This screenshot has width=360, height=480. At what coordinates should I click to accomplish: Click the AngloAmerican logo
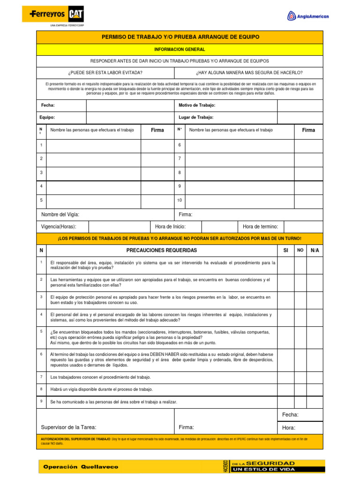click(x=308, y=17)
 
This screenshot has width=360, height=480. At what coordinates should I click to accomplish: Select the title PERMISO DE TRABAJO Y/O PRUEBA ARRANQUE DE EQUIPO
click(x=180, y=37)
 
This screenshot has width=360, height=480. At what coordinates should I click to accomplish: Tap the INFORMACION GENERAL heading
click(x=180, y=49)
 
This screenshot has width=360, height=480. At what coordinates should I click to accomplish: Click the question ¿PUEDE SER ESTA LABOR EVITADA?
click(x=105, y=73)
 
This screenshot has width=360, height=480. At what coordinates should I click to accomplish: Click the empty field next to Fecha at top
click(x=129, y=105)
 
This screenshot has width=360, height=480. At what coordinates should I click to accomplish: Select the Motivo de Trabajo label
click(x=197, y=105)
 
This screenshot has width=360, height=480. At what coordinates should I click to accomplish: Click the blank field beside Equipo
click(x=129, y=117)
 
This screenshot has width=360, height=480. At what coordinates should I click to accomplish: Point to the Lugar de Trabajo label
click(x=196, y=117)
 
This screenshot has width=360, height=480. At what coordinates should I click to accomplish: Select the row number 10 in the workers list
click(x=180, y=200)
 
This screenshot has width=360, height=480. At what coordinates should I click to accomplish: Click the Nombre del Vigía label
click(x=60, y=214)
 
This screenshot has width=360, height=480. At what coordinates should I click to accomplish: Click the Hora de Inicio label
click(x=170, y=227)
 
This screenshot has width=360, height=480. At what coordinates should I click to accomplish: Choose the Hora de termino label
click(x=260, y=227)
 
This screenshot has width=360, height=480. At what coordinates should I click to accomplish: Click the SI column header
click(x=285, y=251)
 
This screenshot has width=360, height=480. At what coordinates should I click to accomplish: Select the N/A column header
click(x=315, y=251)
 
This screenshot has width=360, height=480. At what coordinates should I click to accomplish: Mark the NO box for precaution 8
click(x=300, y=389)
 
